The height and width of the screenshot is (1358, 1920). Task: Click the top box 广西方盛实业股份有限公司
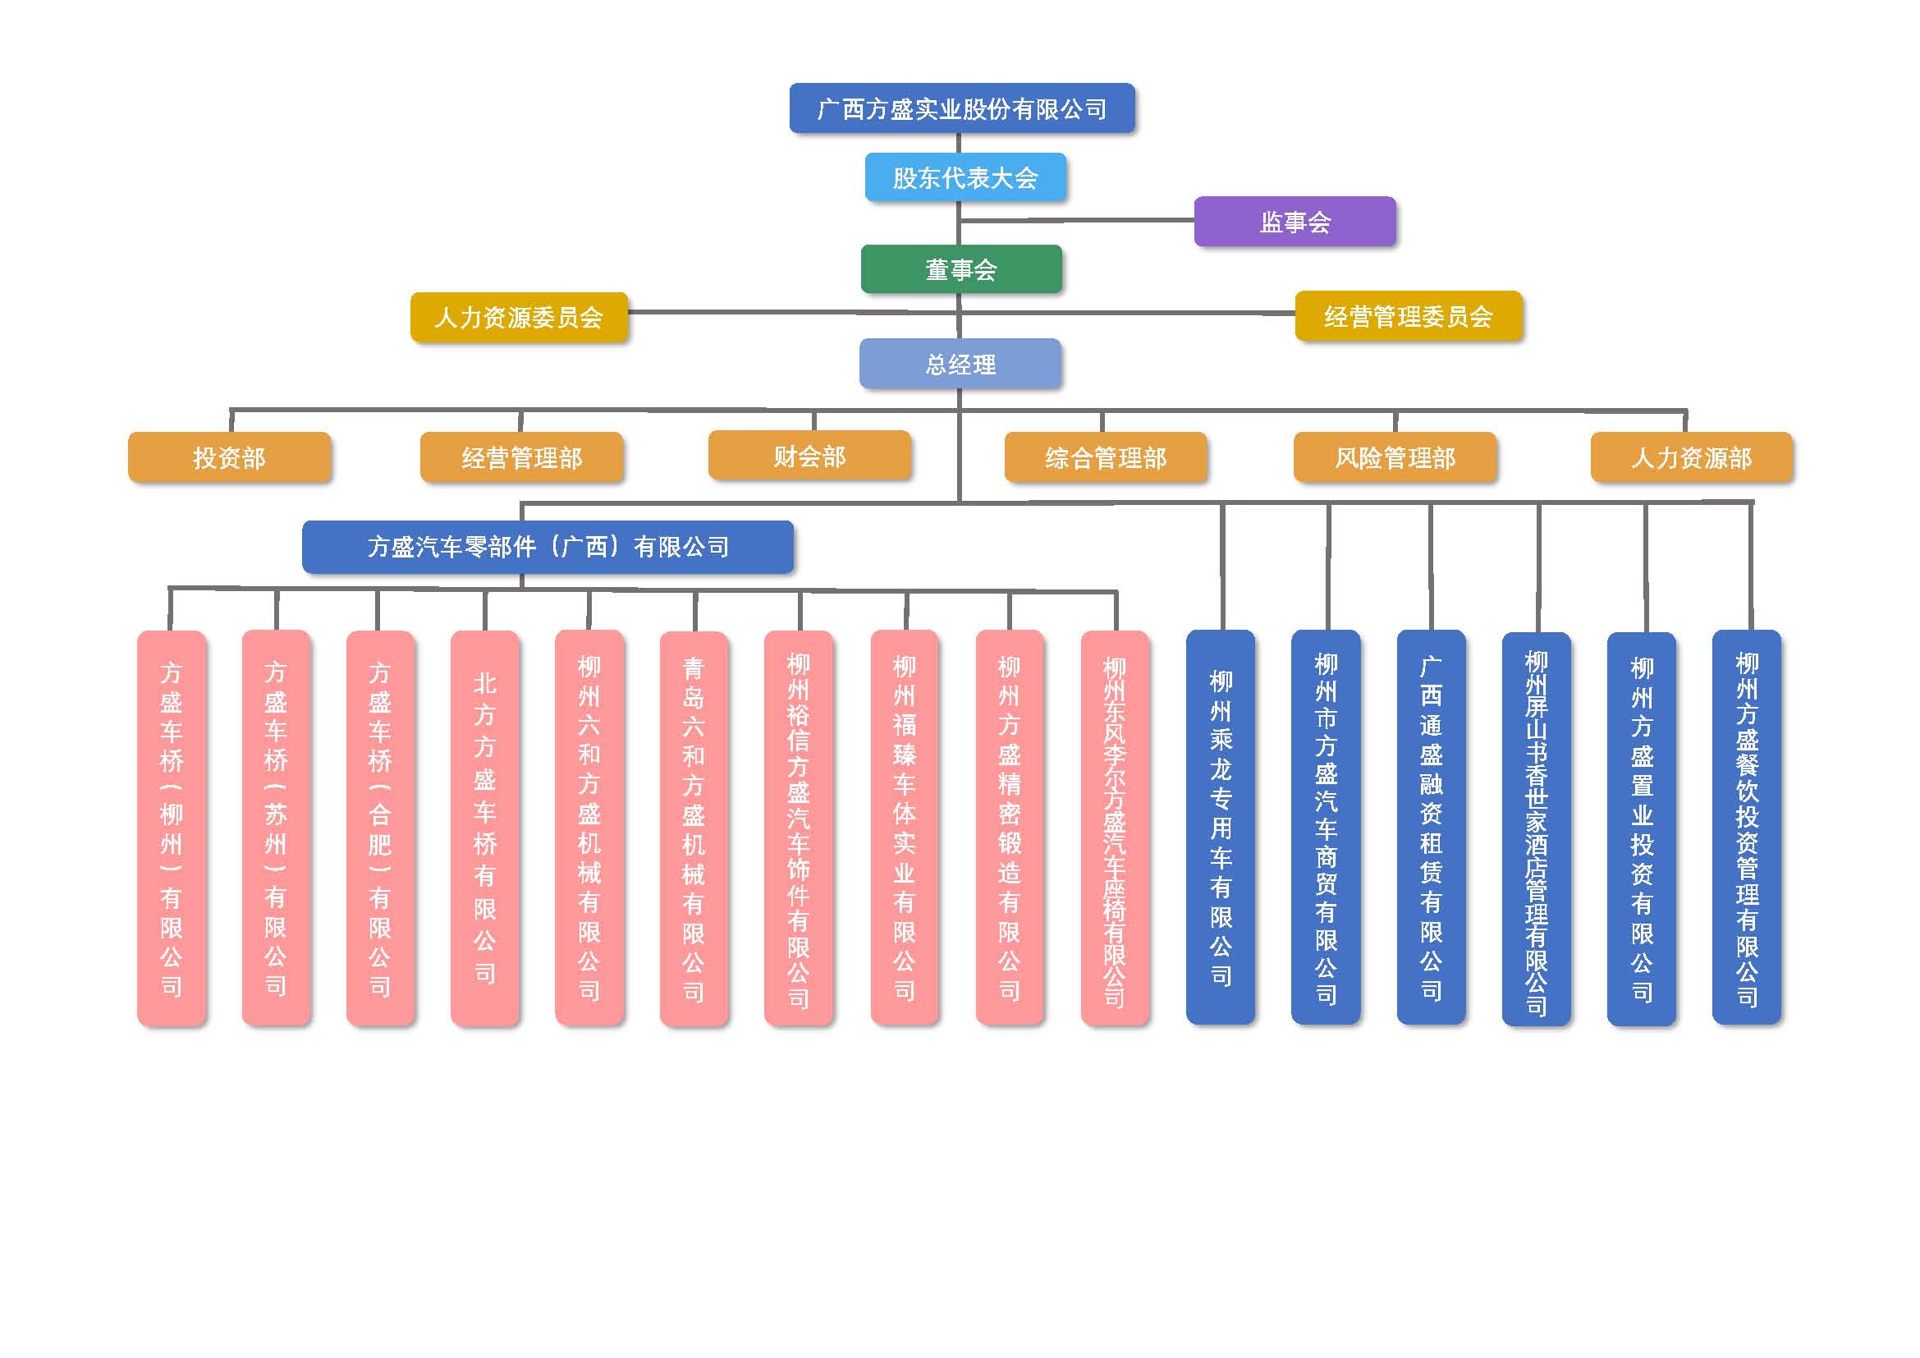click(x=962, y=108)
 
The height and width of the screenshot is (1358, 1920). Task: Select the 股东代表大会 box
click(x=965, y=177)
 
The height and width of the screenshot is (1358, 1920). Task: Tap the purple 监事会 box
click(x=1295, y=222)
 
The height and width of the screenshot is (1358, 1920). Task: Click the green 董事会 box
click(x=961, y=269)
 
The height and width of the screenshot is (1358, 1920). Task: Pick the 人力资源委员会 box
click(x=519, y=317)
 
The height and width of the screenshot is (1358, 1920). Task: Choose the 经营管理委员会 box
click(x=1409, y=316)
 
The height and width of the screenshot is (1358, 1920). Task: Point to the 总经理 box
click(x=960, y=364)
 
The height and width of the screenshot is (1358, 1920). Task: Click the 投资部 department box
click(x=229, y=457)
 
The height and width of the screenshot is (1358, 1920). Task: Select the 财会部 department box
click(x=809, y=456)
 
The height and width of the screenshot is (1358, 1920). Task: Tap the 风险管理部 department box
click(x=1395, y=457)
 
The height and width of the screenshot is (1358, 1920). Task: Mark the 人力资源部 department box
click(x=1691, y=457)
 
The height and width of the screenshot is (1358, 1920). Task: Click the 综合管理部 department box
click(x=1106, y=457)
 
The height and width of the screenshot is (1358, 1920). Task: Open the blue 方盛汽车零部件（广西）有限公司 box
click(x=548, y=547)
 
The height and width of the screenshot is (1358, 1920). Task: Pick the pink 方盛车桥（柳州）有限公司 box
click(x=172, y=828)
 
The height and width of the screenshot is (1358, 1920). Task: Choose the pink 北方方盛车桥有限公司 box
click(x=485, y=828)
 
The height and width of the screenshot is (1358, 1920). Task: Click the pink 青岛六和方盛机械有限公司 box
click(x=694, y=828)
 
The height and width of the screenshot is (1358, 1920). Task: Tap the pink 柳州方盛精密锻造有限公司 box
click(x=1010, y=828)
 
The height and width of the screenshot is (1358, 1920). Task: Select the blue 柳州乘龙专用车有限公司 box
click(x=1221, y=828)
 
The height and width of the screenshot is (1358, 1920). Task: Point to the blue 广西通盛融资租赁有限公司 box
click(x=1431, y=828)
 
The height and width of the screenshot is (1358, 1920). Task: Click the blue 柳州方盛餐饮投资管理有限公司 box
click(x=1747, y=828)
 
